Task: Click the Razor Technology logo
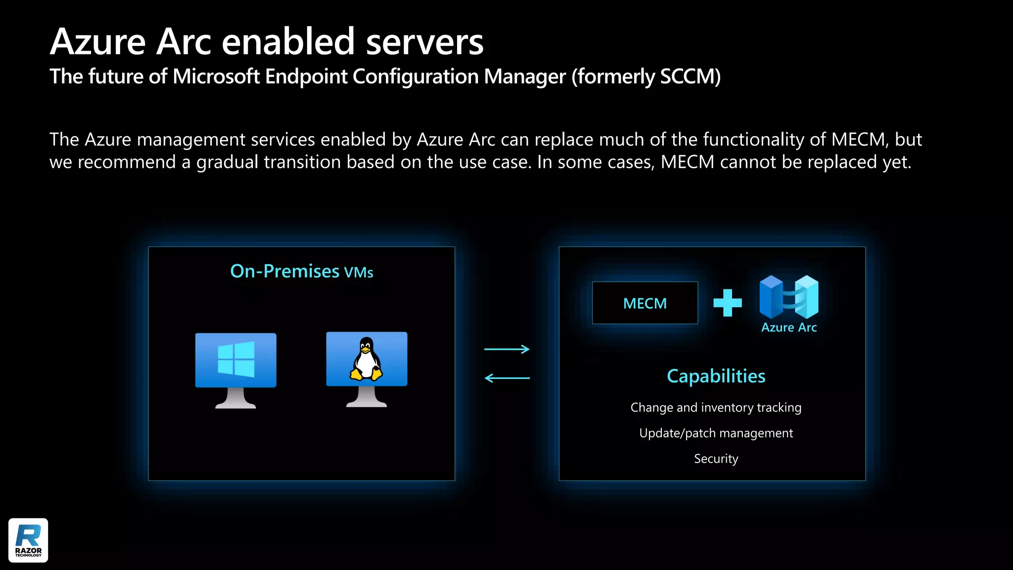pyautogui.click(x=28, y=540)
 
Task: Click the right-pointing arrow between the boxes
pyautogui.click(x=506, y=349)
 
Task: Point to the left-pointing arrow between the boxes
pyautogui.click(x=506, y=379)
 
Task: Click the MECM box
pyautogui.click(x=645, y=303)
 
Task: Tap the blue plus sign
pyautogui.click(x=728, y=303)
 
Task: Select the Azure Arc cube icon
pyautogui.click(x=789, y=297)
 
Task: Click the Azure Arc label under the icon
pyautogui.click(x=789, y=328)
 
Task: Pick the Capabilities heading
pyautogui.click(x=716, y=377)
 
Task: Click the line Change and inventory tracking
pyautogui.click(x=716, y=408)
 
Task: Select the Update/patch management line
pyautogui.click(x=716, y=433)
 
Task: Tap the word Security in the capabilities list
pyautogui.click(x=716, y=459)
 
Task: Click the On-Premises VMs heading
pyautogui.click(x=302, y=272)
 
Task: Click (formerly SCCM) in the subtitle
pyautogui.click(x=646, y=77)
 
